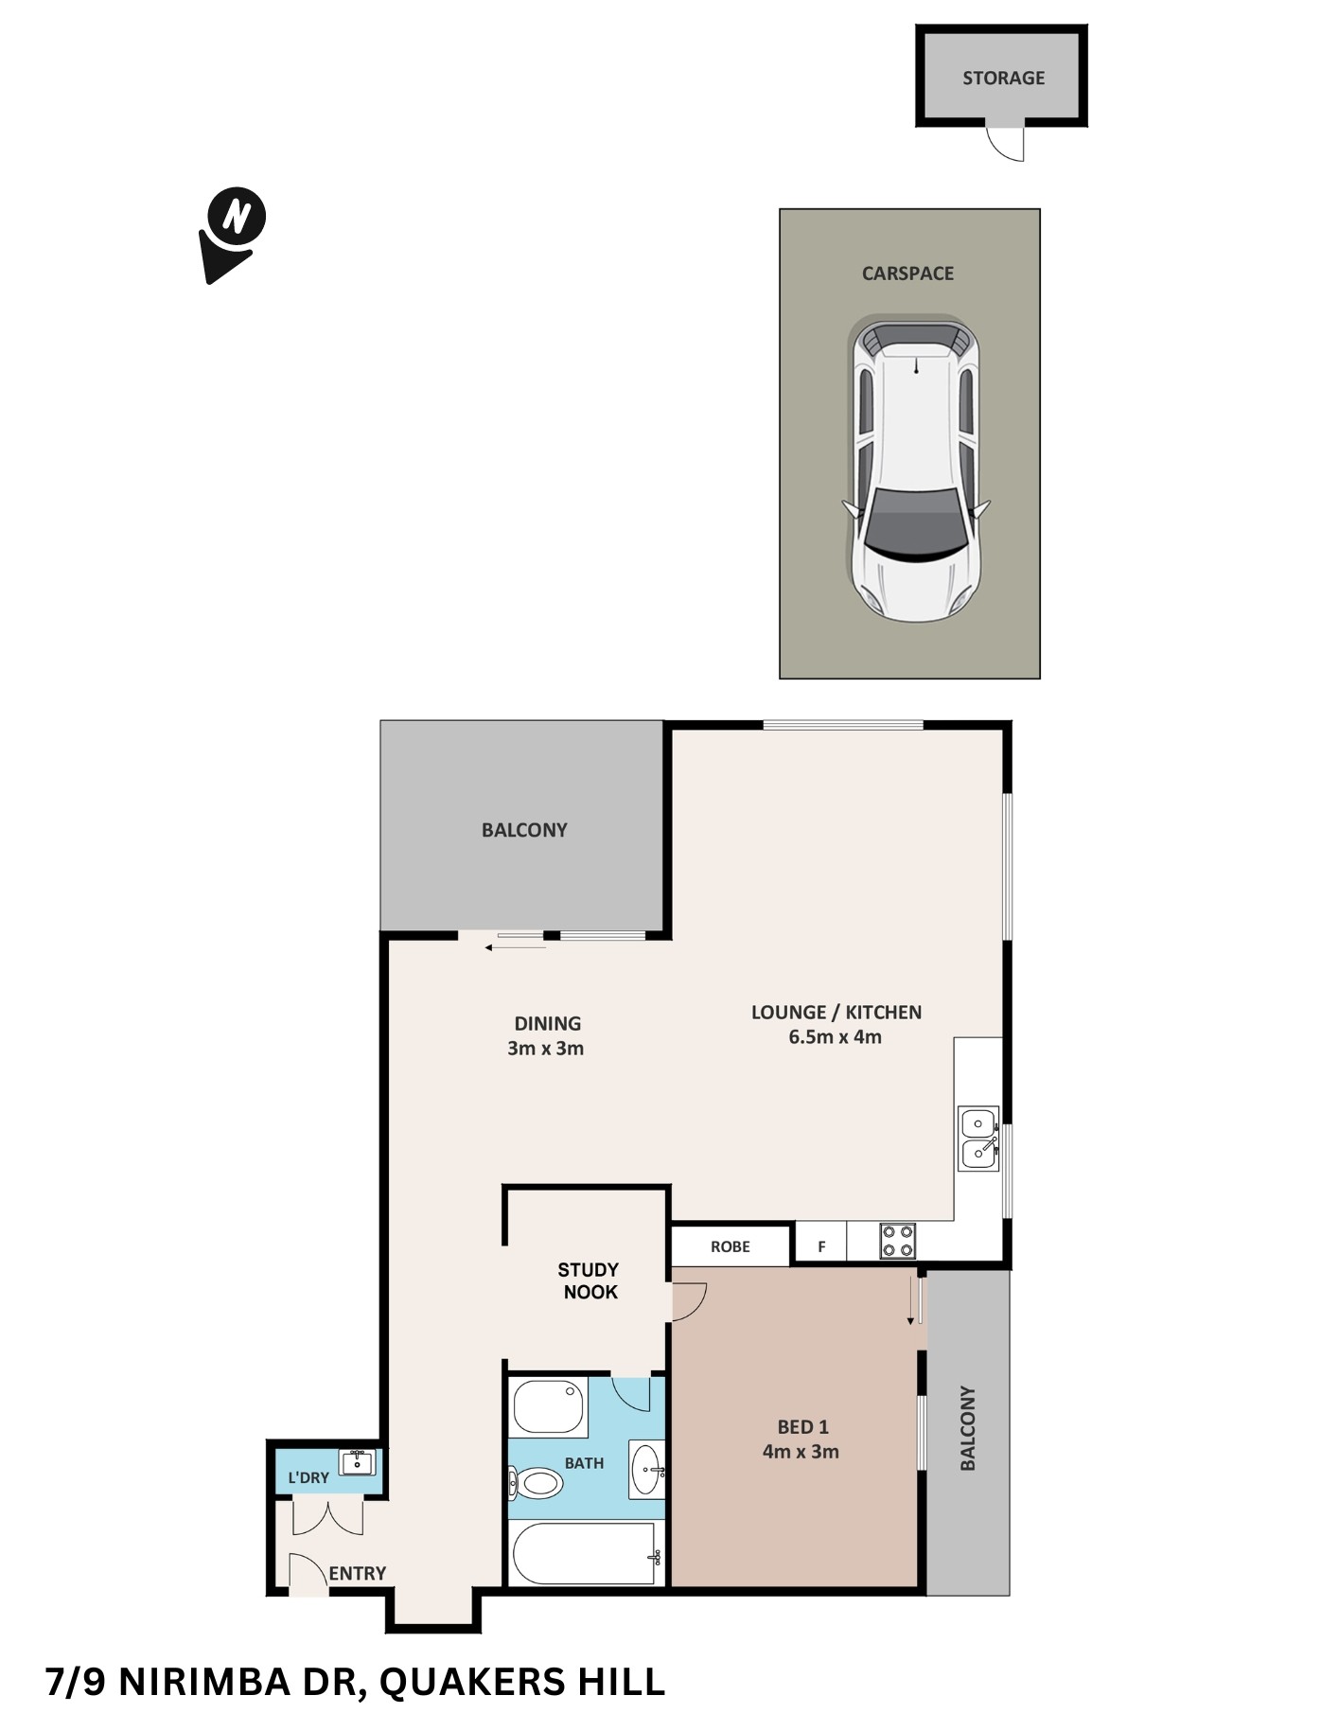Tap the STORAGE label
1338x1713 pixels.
[x=1003, y=79]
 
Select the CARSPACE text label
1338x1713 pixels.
[x=907, y=274]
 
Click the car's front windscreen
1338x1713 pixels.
[x=915, y=525]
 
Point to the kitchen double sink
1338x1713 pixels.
[x=977, y=1139]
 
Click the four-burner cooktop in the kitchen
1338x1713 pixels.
[x=897, y=1242]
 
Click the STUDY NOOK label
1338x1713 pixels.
[x=589, y=1280]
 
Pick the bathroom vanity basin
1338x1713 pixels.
[x=646, y=1470]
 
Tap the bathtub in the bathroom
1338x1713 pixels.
[x=583, y=1553]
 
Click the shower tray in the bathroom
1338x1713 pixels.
[x=548, y=1406]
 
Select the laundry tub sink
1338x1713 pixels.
[x=358, y=1462]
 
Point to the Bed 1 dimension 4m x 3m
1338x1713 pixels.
[x=801, y=1452]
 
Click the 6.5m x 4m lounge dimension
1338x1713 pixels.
[x=835, y=1037]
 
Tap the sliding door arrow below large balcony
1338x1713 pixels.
[x=515, y=947]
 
